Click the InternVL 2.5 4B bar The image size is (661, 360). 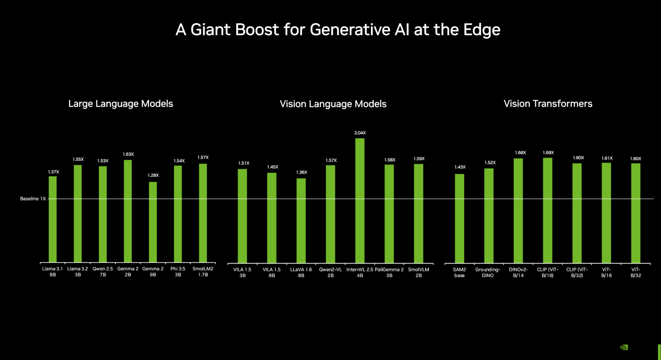(360, 201)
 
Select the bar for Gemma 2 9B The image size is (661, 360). (153, 222)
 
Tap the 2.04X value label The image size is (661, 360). (360, 133)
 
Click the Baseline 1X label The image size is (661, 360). (33, 199)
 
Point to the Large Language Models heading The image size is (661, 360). (120, 104)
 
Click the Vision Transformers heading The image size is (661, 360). (548, 104)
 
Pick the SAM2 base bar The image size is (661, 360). (459, 218)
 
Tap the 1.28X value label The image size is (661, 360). (153, 175)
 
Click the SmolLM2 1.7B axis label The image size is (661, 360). (203, 272)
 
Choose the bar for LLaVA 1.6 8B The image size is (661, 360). (301, 220)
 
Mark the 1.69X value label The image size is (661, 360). (548, 153)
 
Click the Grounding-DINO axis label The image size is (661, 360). (487, 273)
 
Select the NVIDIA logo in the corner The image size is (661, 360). (624, 347)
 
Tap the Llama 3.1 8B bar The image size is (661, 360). (53, 219)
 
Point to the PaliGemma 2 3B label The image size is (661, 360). (389, 273)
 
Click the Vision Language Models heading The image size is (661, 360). (333, 104)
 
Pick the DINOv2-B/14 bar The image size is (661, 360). (518, 210)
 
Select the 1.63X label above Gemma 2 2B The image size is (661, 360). (128, 155)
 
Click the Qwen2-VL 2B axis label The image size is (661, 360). (330, 273)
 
